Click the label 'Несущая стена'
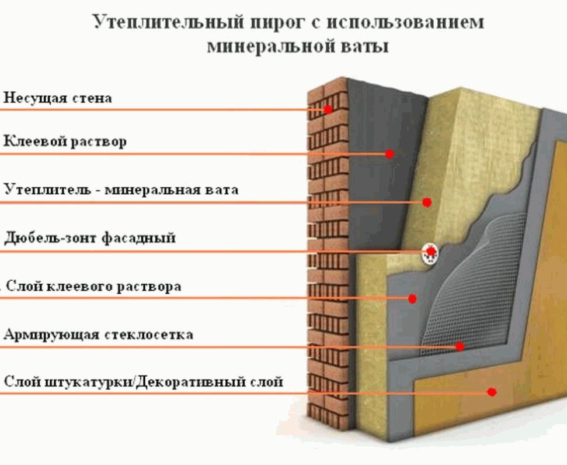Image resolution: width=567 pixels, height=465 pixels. click(x=58, y=98)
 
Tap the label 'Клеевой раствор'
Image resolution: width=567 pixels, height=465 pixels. click(x=65, y=141)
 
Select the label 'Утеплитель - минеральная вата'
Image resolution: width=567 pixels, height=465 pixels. click(x=121, y=190)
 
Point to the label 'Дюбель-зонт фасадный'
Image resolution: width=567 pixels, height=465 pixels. click(x=90, y=238)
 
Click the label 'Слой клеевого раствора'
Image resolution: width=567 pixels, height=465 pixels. click(x=93, y=287)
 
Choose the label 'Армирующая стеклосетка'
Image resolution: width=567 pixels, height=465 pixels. click(x=98, y=334)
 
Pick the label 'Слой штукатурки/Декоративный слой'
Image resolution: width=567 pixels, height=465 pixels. click(x=143, y=382)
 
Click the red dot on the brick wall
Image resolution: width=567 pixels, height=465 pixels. click(x=328, y=109)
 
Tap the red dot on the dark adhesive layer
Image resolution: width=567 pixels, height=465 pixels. click(x=389, y=154)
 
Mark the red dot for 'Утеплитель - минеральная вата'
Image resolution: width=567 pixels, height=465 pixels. click(x=427, y=202)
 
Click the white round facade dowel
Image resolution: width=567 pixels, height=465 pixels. click(x=431, y=253)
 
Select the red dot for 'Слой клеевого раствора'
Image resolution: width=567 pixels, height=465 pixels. click(x=412, y=299)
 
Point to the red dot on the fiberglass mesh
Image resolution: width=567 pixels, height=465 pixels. click(x=460, y=347)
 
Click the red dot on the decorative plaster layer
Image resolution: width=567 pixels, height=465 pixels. click(x=492, y=392)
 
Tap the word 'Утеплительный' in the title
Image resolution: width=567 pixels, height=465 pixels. click(x=169, y=22)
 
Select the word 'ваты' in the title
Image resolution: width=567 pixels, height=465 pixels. click(x=365, y=47)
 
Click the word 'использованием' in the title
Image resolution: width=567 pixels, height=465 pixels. click(x=405, y=22)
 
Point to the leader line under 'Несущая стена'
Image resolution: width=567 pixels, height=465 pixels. click(x=164, y=109)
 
